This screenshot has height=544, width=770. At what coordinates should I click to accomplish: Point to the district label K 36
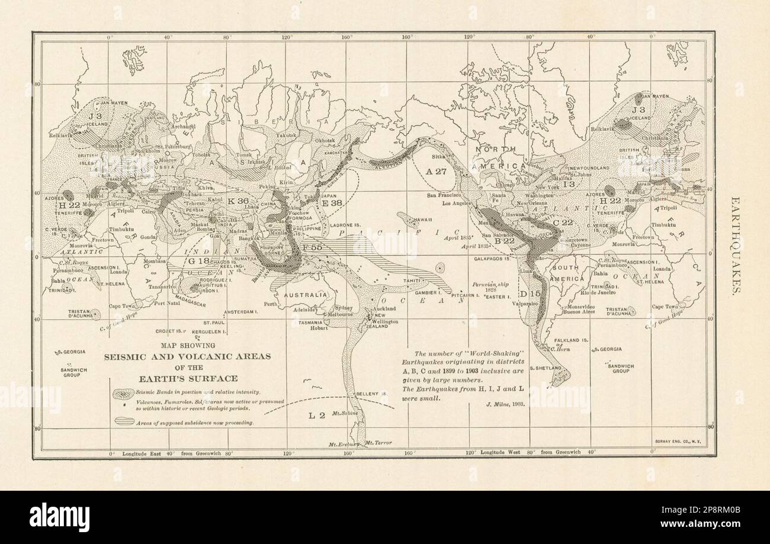[x=237, y=201]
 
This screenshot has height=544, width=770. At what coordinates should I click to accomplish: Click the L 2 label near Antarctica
[x=317, y=416]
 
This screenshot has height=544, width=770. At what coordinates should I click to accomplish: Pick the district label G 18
[x=198, y=260]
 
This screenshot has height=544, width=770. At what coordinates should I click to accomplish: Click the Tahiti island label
[x=412, y=281]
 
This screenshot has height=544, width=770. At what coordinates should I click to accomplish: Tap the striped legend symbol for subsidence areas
[x=124, y=422]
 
